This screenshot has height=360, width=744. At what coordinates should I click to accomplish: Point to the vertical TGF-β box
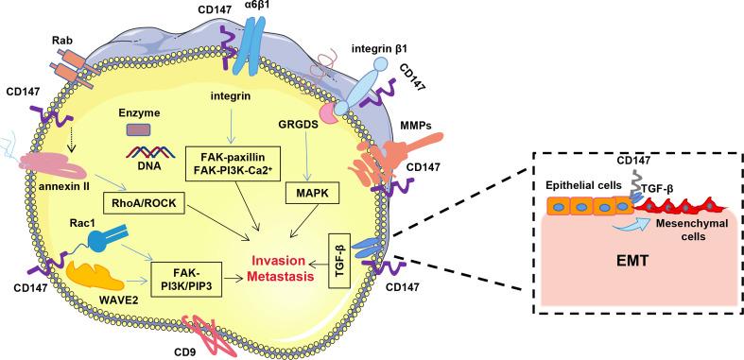341,257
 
